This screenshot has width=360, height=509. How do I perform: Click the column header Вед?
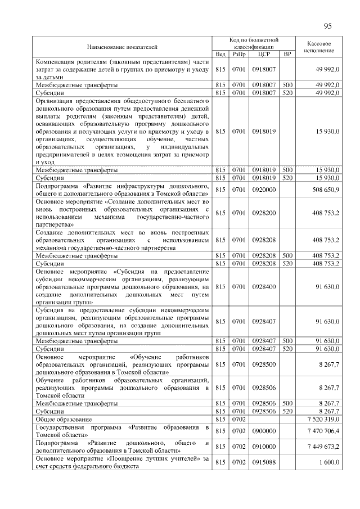(220, 55)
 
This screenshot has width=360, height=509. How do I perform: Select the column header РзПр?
(239, 55)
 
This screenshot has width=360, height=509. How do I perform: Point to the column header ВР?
(287, 55)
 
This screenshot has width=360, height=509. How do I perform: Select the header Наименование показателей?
(121, 47)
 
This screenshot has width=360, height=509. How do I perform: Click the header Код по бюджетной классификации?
(254, 44)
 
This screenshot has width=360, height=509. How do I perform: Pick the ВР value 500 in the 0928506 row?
(287, 403)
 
